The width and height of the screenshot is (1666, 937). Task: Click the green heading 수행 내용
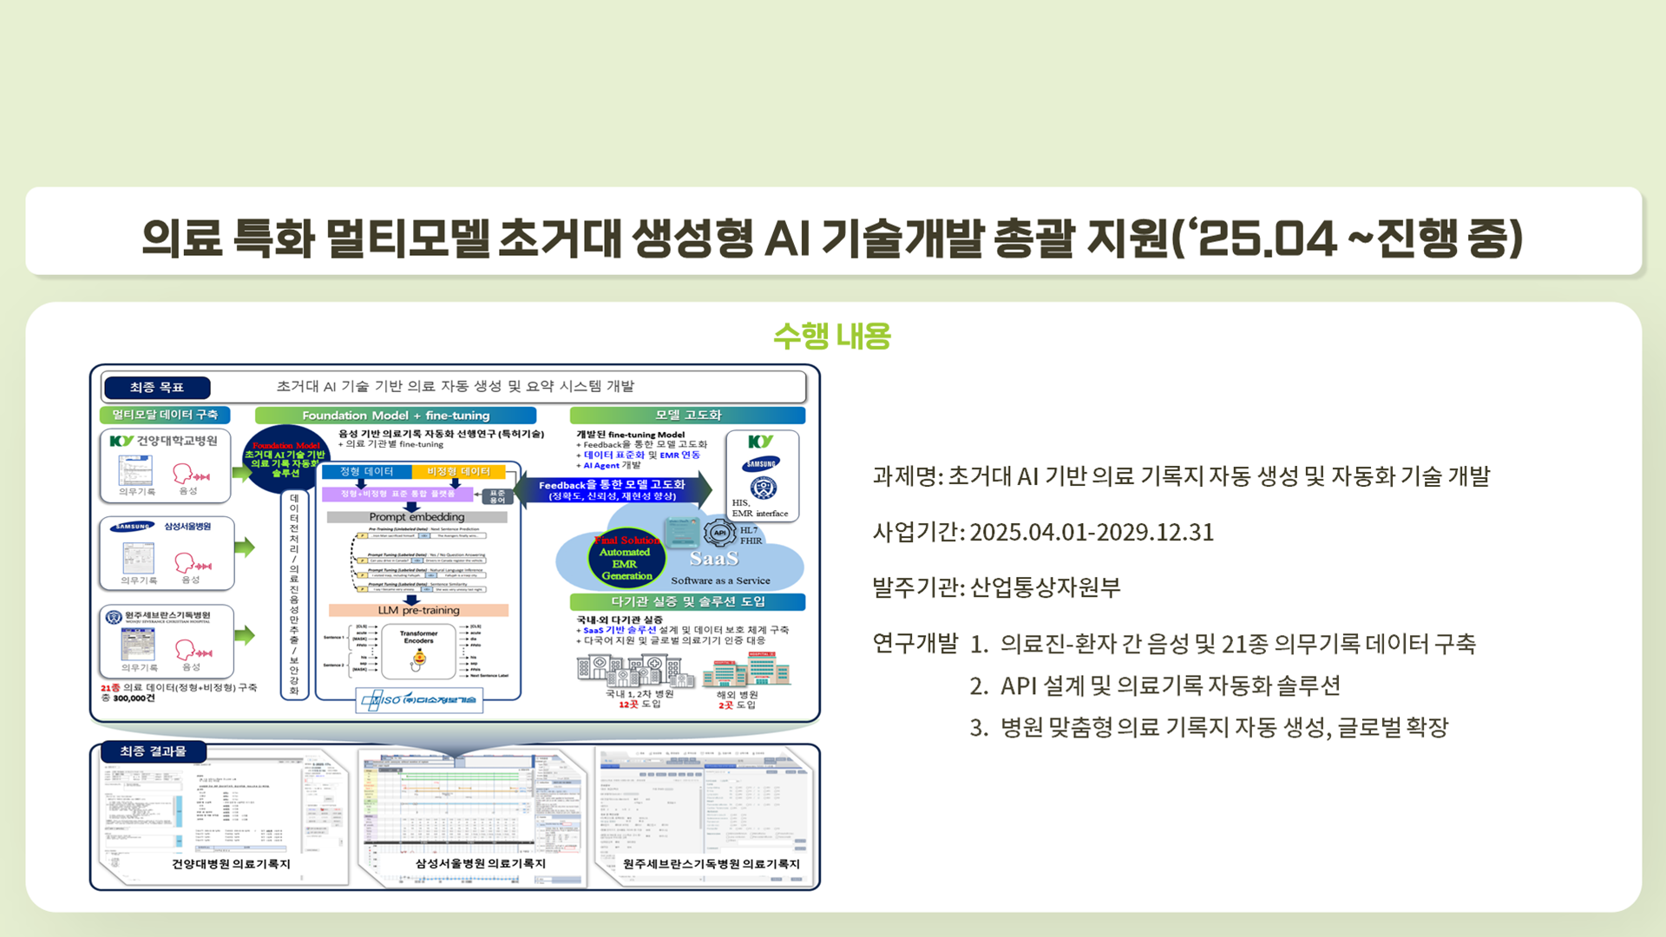click(x=831, y=336)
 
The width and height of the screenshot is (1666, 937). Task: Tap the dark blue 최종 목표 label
click(x=156, y=387)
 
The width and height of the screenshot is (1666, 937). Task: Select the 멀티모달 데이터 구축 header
click(x=165, y=415)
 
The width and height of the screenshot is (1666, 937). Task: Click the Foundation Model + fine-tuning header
click(x=396, y=416)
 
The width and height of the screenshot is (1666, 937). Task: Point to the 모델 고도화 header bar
click(x=687, y=415)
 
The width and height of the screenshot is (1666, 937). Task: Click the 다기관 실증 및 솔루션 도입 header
click(x=687, y=601)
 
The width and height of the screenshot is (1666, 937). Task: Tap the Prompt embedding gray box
click(x=416, y=517)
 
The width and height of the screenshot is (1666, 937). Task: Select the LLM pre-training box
click(x=418, y=610)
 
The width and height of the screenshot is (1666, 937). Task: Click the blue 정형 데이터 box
click(x=366, y=471)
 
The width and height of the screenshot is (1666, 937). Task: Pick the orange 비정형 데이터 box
click(x=458, y=471)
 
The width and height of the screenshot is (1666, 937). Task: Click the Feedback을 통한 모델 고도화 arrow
click(x=612, y=490)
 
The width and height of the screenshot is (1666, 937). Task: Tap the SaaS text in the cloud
click(x=713, y=559)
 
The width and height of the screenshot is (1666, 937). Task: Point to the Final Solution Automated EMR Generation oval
click(x=626, y=558)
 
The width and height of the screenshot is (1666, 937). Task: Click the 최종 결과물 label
click(x=153, y=751)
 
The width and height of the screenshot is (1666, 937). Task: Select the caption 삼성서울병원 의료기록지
click(x=480, y=863)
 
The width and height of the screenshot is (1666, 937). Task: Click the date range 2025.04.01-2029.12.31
click(x=1092, y=532)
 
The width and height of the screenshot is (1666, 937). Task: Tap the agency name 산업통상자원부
click(x=1045, y=587)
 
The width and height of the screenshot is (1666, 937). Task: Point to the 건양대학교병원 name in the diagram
click(x=177, y=441)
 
